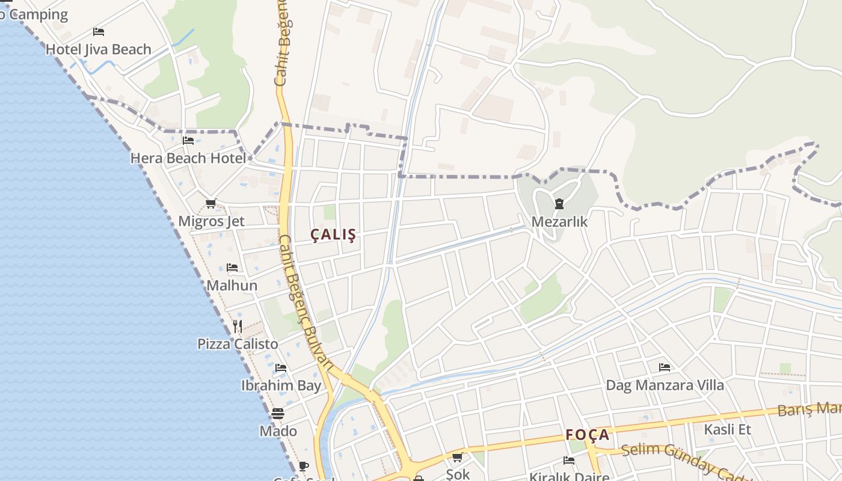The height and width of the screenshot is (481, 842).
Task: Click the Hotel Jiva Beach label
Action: [99, 49]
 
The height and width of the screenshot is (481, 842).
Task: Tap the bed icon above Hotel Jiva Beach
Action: [99, 32]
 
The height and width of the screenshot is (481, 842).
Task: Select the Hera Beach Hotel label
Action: [188, 158]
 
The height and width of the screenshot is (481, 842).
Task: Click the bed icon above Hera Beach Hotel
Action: [188, 141]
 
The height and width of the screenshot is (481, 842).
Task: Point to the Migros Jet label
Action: [211, 221]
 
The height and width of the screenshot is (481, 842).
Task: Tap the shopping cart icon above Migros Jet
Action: [210, 204]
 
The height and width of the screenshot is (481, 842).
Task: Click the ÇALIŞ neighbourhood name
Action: [333, 235]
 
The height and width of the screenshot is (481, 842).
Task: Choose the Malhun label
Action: [232, 285]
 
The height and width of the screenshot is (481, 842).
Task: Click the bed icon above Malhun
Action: [232, 268]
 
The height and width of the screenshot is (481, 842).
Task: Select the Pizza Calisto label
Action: [238, 344]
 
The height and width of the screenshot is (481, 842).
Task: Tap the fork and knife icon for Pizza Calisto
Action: [238, 326]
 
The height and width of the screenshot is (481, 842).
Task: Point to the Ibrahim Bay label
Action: [281, 385]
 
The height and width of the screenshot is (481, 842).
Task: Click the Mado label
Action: [278, 431]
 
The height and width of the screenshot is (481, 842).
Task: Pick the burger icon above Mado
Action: [277, 414]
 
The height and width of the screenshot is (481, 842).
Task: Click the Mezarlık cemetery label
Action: [559, 221]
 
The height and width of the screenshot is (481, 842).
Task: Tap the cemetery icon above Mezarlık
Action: [559, 204]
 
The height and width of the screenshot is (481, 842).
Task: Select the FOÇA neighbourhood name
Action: [587, 435]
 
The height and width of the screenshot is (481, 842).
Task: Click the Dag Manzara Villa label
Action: [665, 385]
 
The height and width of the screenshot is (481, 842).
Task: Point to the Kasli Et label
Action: [727, 429]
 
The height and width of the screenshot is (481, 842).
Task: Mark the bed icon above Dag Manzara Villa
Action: [665, 367]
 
